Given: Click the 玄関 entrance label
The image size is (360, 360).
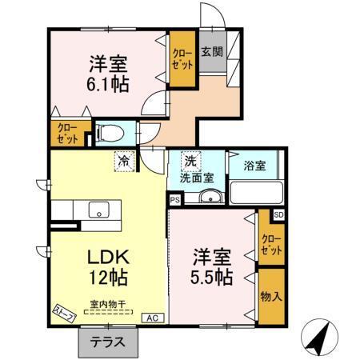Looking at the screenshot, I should (x=212, y=52).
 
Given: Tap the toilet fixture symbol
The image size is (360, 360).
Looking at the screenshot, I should (x=107, y=132).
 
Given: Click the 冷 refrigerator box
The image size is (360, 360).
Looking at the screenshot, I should (x=124, y=161).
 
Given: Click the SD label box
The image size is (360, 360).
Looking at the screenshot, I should (x=278, y=214).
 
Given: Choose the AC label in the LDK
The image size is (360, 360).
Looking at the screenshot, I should (x=150, y=318).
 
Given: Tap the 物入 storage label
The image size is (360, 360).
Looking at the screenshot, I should (x=272, y=295).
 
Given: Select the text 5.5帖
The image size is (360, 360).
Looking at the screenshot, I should (x=212, y=278).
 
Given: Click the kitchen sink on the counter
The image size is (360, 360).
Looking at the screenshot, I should (x=98, y=210).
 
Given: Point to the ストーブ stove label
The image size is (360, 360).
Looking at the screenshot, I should (x=65, y=313).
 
